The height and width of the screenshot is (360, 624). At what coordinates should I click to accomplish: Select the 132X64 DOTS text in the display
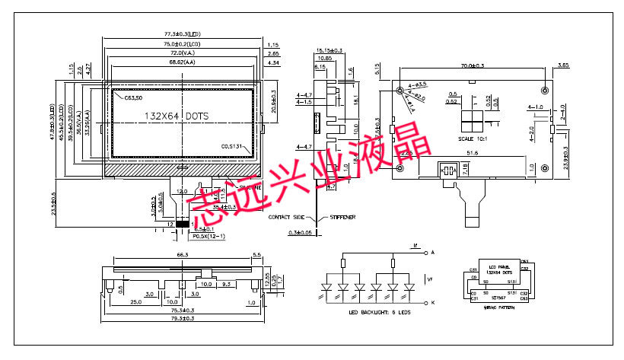[x=176, y=116]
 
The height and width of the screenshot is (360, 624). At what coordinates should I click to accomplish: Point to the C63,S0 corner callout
[x=132, y=98]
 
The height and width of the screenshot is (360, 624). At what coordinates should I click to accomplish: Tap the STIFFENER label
[x=343, y=217]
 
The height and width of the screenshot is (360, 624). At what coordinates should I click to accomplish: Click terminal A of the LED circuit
[x=433, y=251]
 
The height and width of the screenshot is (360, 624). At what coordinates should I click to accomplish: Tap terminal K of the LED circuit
[x=433, y=303]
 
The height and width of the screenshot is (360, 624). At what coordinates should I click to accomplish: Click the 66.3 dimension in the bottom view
[x=182, y=255]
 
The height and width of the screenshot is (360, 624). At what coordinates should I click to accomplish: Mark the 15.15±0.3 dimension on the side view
[x=330, y=50]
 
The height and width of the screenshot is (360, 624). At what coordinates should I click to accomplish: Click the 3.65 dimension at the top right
[x=563, y=66]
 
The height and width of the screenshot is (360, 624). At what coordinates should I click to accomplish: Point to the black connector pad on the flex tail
[x=183, y=225]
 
